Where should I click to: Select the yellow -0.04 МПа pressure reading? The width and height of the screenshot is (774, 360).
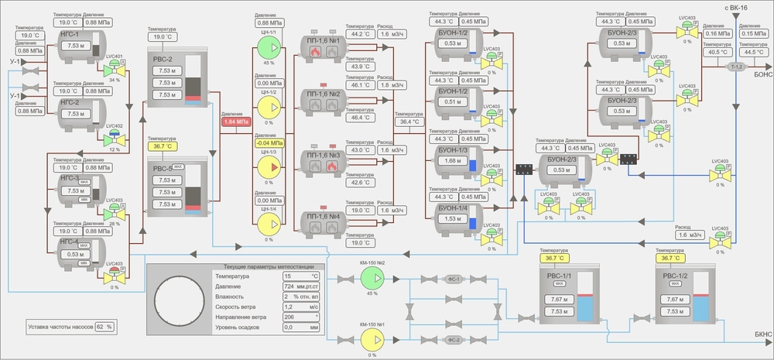pos(269,142)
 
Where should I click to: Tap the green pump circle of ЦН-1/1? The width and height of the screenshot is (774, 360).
pos(269,48)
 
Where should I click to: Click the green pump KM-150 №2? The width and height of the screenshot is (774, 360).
pos(372,279)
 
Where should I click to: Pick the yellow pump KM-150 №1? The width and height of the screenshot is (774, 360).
pos(372,339)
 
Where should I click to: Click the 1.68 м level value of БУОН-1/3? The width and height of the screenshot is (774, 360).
pos(450,160)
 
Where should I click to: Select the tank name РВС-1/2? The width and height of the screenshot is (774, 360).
pos(674,275)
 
